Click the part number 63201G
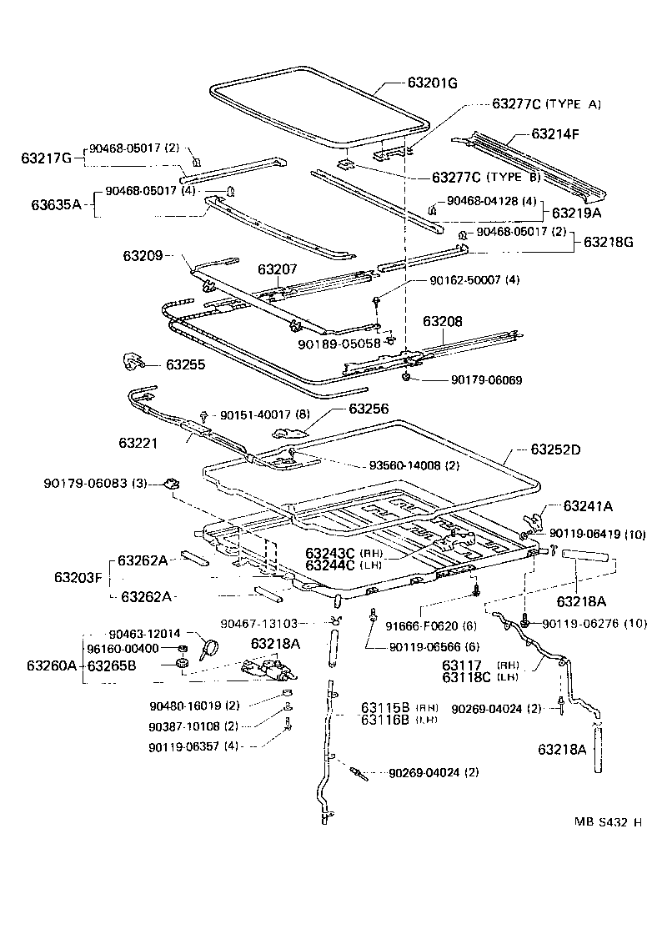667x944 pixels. tap(433, 83)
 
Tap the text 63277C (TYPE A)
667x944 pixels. tap(546, 104)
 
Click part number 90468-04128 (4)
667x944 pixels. tap(492, 201)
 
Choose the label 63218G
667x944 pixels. tap(609, 242)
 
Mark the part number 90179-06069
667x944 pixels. tap(487, 380)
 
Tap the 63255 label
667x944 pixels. tap(188, 364)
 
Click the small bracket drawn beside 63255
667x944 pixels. tap(133, 361)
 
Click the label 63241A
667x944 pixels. tap(588, 505)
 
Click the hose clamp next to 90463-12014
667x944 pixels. tap(207, 646)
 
